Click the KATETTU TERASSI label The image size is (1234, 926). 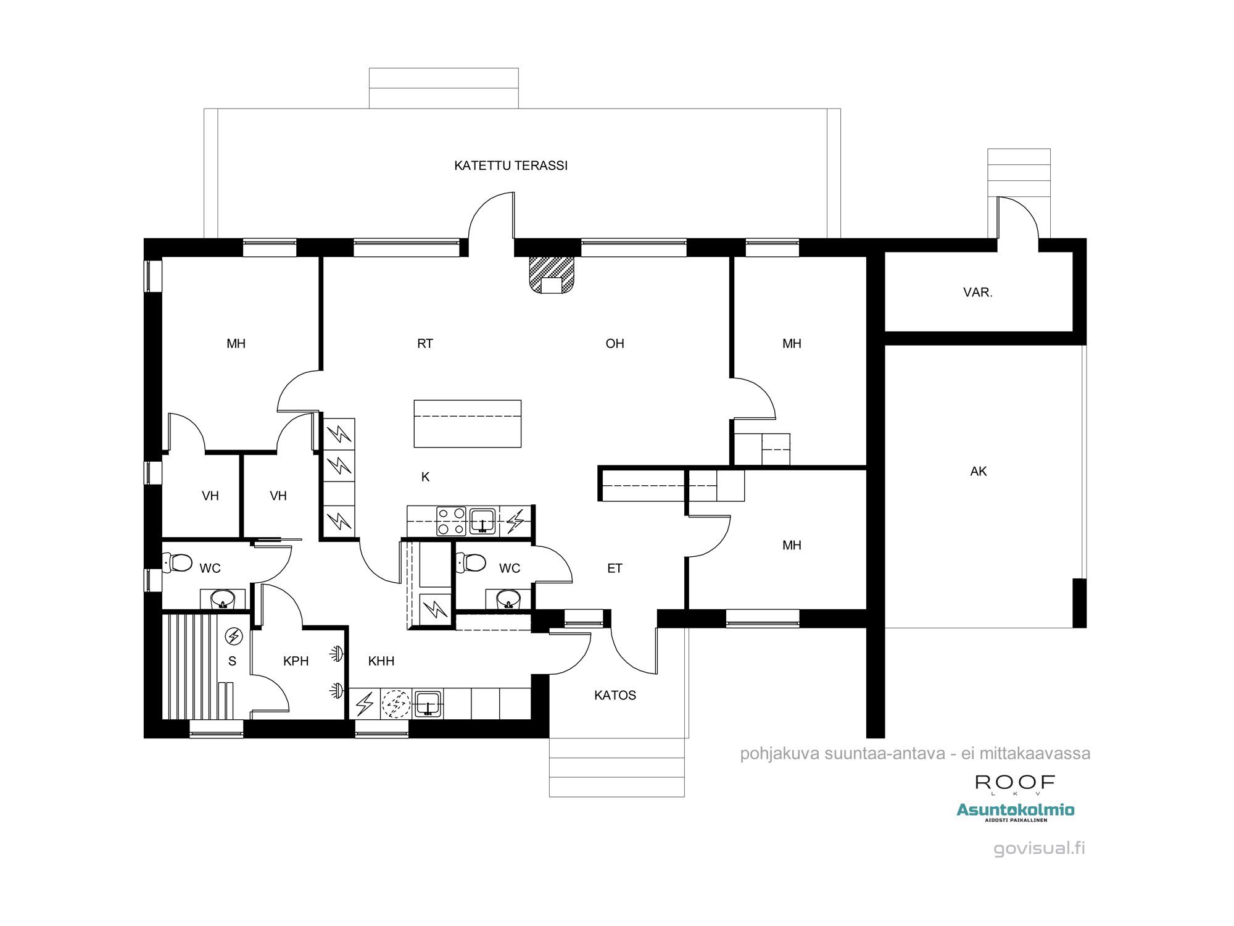click(510, 165)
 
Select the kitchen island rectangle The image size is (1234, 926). click(467, 423)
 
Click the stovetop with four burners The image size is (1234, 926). click(451, 520)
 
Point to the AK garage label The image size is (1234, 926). click(978, 472)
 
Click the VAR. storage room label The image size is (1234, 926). click(977, 293)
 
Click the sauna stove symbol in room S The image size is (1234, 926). click(234, 636)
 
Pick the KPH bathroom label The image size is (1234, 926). click(296, 661)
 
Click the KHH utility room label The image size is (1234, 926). click(381, 661)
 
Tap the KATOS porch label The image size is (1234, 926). click(615, 696)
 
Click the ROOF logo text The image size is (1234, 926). click(1015, 783)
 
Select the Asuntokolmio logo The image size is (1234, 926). click(1015, 811)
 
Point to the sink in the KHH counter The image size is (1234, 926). click(427, 704)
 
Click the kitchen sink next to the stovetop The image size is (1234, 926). click(482, 520)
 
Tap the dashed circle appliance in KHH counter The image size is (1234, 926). click(395, 704)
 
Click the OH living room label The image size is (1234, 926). click(615, 344)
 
